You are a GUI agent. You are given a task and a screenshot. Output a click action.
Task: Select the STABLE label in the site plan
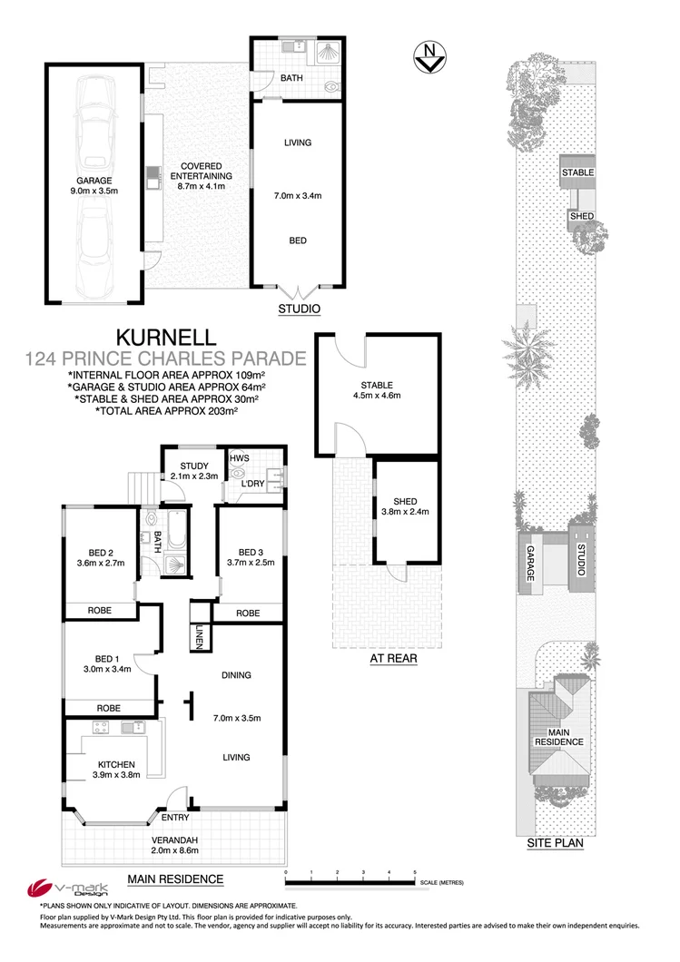[x=577, y=172]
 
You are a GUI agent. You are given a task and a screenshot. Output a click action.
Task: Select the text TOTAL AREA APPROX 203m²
[x=166, y=411]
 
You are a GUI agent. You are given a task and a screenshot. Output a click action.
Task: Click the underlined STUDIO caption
[x=299, y=309]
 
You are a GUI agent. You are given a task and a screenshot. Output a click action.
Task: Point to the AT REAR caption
[x=393, y=660]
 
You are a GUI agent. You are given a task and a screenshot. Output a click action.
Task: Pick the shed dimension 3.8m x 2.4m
[x=405, y=511]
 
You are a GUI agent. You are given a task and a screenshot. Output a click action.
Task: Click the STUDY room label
[x=193, y=466]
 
